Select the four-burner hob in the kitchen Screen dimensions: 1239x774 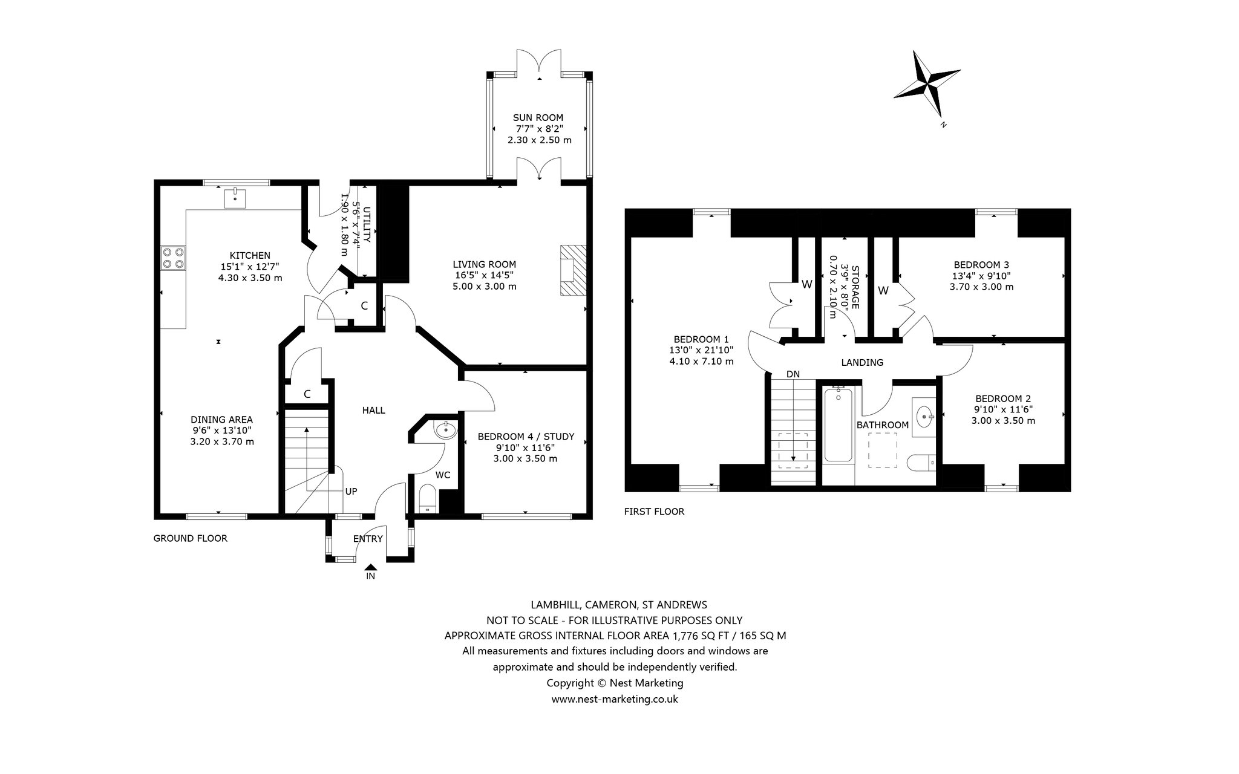[x=173, y=258]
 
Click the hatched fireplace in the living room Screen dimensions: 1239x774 [x=573, y=270]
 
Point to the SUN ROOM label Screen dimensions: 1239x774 [x=538, y=118]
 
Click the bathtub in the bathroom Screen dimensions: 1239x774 [x=838, y=425]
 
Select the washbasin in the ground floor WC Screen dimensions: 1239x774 [x=446, y=431]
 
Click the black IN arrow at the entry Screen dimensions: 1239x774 [x=371, y=567]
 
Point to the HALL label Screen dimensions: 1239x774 [x=373, y=410]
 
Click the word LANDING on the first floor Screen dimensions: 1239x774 [x=862, y=363]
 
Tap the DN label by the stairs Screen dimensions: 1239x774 [x=793, y=374]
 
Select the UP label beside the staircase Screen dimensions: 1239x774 [x=351, y=491]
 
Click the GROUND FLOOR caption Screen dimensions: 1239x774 [x=191, y=538]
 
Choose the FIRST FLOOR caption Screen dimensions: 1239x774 [x=654, y=512]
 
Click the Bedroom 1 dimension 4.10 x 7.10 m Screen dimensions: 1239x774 [x=701, y=362]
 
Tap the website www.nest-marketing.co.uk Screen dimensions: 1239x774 [x=615, y=699]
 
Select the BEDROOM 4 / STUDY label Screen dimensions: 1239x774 [x=526, y=437]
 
